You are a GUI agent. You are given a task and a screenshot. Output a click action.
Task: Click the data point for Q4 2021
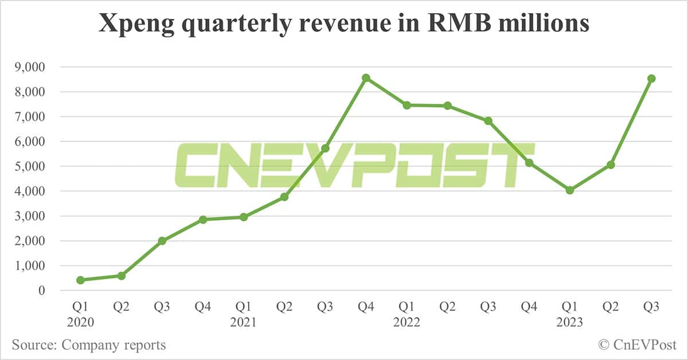click(x=366, y=77)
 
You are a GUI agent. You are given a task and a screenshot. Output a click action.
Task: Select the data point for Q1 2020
click(x=80, y=280)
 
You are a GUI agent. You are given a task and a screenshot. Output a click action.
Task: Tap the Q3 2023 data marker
click(x=651, y=79)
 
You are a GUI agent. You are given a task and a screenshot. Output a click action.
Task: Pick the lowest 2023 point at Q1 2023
click(x=569, y=190)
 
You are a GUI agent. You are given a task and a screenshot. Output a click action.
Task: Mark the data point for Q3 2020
click(x=162, y=241)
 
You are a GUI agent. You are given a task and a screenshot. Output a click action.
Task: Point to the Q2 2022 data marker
click(x=447, y=105)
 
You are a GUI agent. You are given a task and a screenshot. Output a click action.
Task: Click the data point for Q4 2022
click(x=529, y=163)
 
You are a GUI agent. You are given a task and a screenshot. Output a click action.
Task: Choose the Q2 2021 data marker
click(x=284, y=197)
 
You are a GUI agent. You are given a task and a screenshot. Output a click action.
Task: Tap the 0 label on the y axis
click(x=41, y=291)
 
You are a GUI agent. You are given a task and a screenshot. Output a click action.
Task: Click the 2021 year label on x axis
click(x=244, y=323)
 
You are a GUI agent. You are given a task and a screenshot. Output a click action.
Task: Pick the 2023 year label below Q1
click(x=569, y=323)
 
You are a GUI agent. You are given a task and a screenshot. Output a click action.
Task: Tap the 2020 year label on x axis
click(x=80, y=323)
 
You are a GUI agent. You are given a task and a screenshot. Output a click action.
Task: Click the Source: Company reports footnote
click(x=89, y=345)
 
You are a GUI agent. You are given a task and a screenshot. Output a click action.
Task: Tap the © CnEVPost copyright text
click(x=637, y=345)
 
